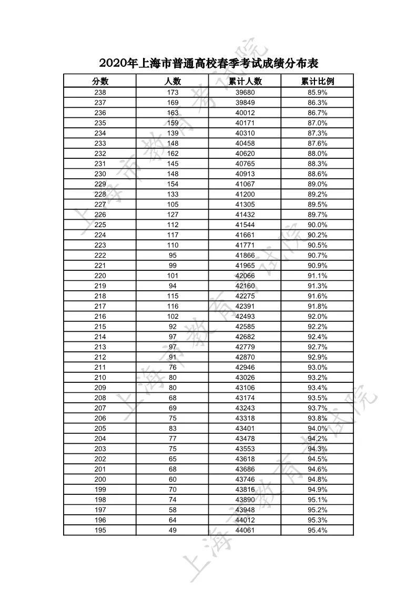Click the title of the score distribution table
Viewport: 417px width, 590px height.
209,64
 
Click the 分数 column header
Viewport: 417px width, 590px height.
100,81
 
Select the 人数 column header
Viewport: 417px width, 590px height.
172,81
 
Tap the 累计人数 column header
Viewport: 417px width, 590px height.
245,81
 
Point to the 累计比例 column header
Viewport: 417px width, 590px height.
317,81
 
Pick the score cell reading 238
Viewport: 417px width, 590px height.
100,93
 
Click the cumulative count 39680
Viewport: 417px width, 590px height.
245,93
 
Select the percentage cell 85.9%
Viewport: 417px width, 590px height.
317,93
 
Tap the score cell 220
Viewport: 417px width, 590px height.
100,276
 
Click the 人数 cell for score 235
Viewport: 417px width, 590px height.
172,123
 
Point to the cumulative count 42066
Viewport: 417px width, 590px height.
245,276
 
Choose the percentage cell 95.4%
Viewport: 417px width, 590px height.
317,530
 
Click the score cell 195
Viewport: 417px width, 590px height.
100,530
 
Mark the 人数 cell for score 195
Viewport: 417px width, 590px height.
172,530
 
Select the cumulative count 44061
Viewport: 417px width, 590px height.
245,530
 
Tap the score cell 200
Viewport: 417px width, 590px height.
100,479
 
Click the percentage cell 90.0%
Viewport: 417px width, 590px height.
317,225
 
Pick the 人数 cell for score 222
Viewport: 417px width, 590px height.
172,255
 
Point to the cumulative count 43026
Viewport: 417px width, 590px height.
245,378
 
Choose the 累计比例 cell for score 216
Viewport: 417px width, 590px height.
317,317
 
